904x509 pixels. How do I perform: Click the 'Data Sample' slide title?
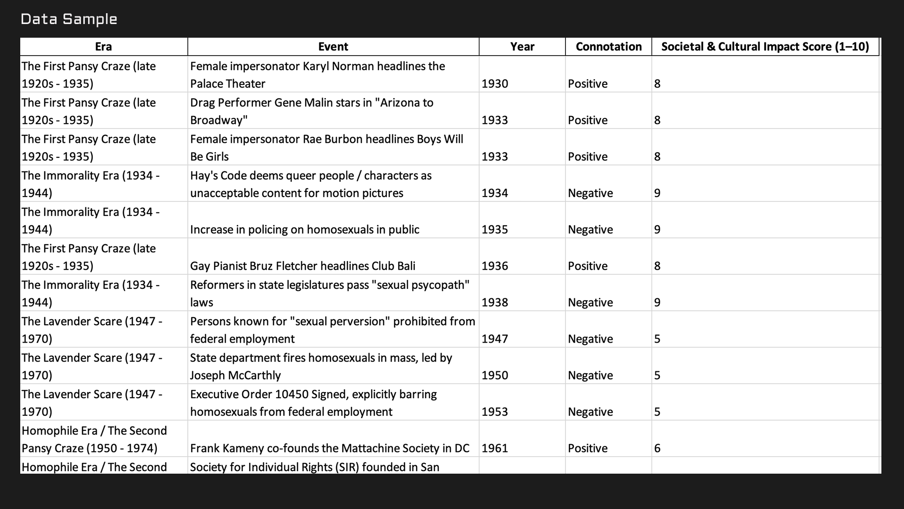click(x=69, y=19)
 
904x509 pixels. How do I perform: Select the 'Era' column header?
click(x=103, y=47)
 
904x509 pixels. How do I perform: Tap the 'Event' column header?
click(x=333, y=47)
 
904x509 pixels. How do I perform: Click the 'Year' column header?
click(x=522, y=47)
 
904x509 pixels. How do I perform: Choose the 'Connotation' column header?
click(x=608, y=47)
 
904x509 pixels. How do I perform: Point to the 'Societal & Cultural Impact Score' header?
click(x=765, y=47)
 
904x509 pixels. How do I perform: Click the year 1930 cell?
click(x=495, y=83)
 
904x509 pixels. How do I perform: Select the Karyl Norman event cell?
click(x=317, y=74)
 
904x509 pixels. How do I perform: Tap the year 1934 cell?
click(x=495, y=193)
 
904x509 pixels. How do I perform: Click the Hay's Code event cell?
click(x=311, y=184)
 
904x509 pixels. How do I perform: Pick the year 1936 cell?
click(x=495, y=266)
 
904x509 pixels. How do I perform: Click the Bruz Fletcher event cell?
click(x=303, y=266)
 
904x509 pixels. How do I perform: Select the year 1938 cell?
click(x=495, y=302)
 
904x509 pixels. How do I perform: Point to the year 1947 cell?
click(x=495, y=339)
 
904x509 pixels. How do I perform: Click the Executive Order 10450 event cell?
click(x=314, y=402)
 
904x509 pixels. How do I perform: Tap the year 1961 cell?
click(x=495, y=448)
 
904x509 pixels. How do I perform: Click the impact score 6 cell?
click(x=657, y=448)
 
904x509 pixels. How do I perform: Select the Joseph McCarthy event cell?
click(x=321, y=366)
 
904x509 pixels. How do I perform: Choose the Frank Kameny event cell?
click(x=330, y=448)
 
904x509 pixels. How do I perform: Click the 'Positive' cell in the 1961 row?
click(x=588, y=448)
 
